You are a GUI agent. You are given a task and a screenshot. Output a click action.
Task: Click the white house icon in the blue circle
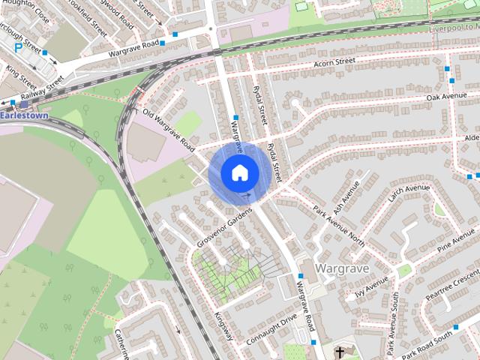coord(239,172)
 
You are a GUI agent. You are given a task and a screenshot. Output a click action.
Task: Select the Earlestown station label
coord(24,116)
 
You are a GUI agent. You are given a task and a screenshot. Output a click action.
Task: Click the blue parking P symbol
coord(18,47)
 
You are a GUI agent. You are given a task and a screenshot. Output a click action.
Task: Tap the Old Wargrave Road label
coord(168,128)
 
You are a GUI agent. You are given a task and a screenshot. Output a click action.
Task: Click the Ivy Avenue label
coord(372,286)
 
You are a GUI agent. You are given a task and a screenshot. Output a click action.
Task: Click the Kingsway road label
coord(224,327)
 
